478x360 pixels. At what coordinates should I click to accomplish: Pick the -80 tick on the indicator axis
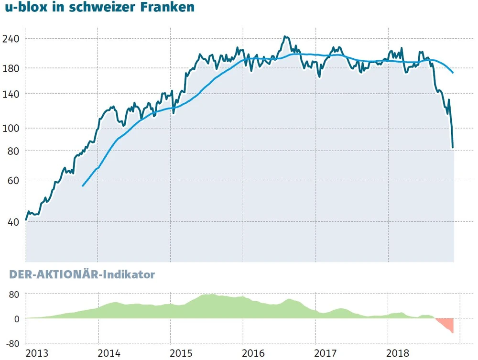pyautogui.click(x=13, y=343)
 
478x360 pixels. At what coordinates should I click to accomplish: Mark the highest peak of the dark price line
pyautogui.click(x=285, y=36)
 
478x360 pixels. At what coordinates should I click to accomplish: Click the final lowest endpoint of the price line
pyautogui.click(x=453, y=147)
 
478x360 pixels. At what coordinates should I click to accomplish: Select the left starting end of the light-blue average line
pyautogui.click(x=83, y=186)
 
